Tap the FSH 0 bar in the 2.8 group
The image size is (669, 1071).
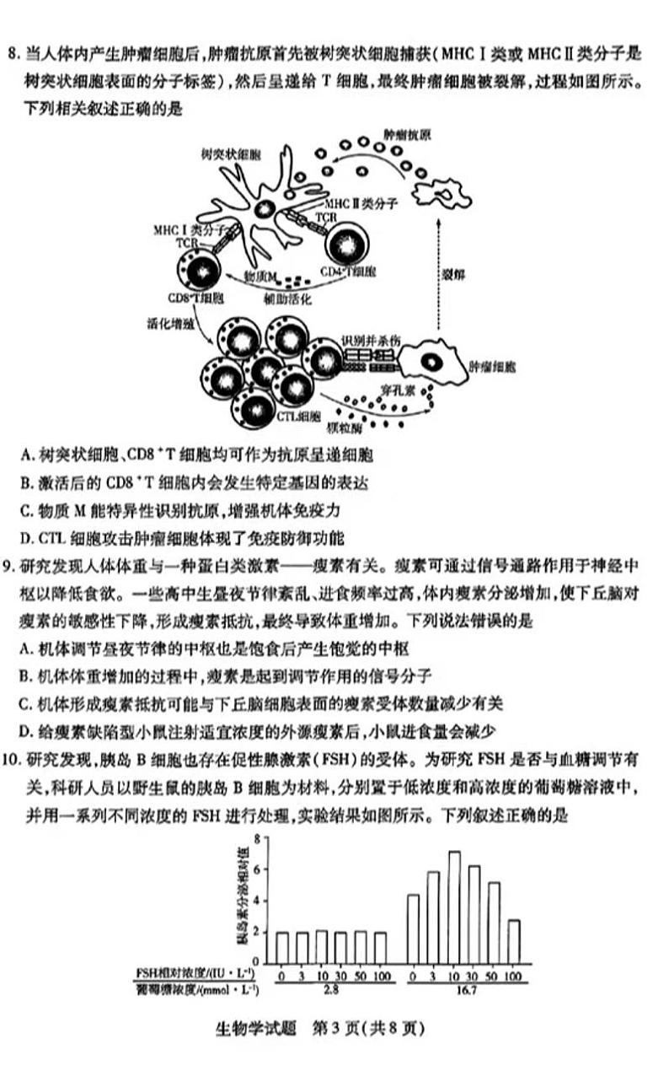tap(282, 948)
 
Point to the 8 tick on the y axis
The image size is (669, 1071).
tap(266, 839)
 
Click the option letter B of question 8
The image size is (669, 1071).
tap(25, 483)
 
